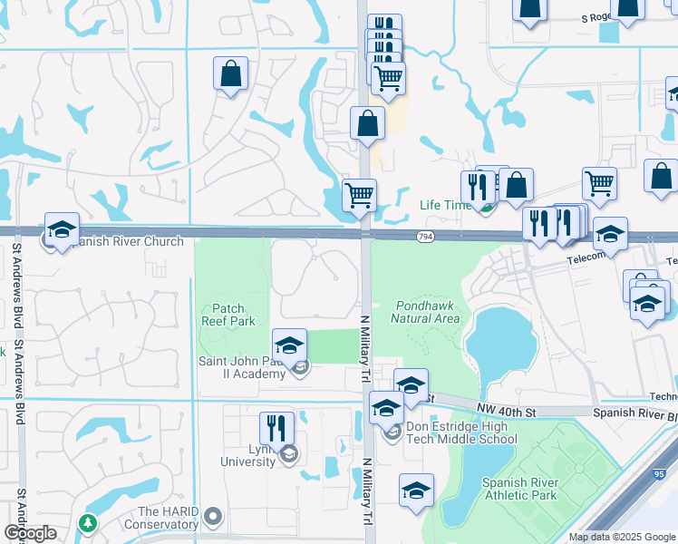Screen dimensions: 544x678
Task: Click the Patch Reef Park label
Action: pyautogui.click(x=228, y=315)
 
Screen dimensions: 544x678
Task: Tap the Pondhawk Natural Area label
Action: pyautogui.click(x=427, y=312)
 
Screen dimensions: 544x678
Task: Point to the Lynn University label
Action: pyautogui.click(x=248, y=455)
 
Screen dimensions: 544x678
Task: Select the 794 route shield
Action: pyautogui.click(x=424, y=237)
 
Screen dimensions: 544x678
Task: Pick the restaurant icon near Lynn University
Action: pyautogui.click(x=277, y=429)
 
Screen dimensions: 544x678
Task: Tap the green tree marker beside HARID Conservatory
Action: pyautogui.click(x=88, y=523)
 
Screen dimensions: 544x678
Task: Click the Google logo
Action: pyautogui.click(x=29, y=533)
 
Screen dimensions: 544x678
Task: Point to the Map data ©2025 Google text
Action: pyautogui.click(x=621, y=537)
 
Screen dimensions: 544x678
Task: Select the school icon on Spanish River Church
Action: pyautogui.click(x=62, y=230)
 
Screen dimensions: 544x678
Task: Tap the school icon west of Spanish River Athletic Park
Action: pyautogui.click(x=417, y=491)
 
